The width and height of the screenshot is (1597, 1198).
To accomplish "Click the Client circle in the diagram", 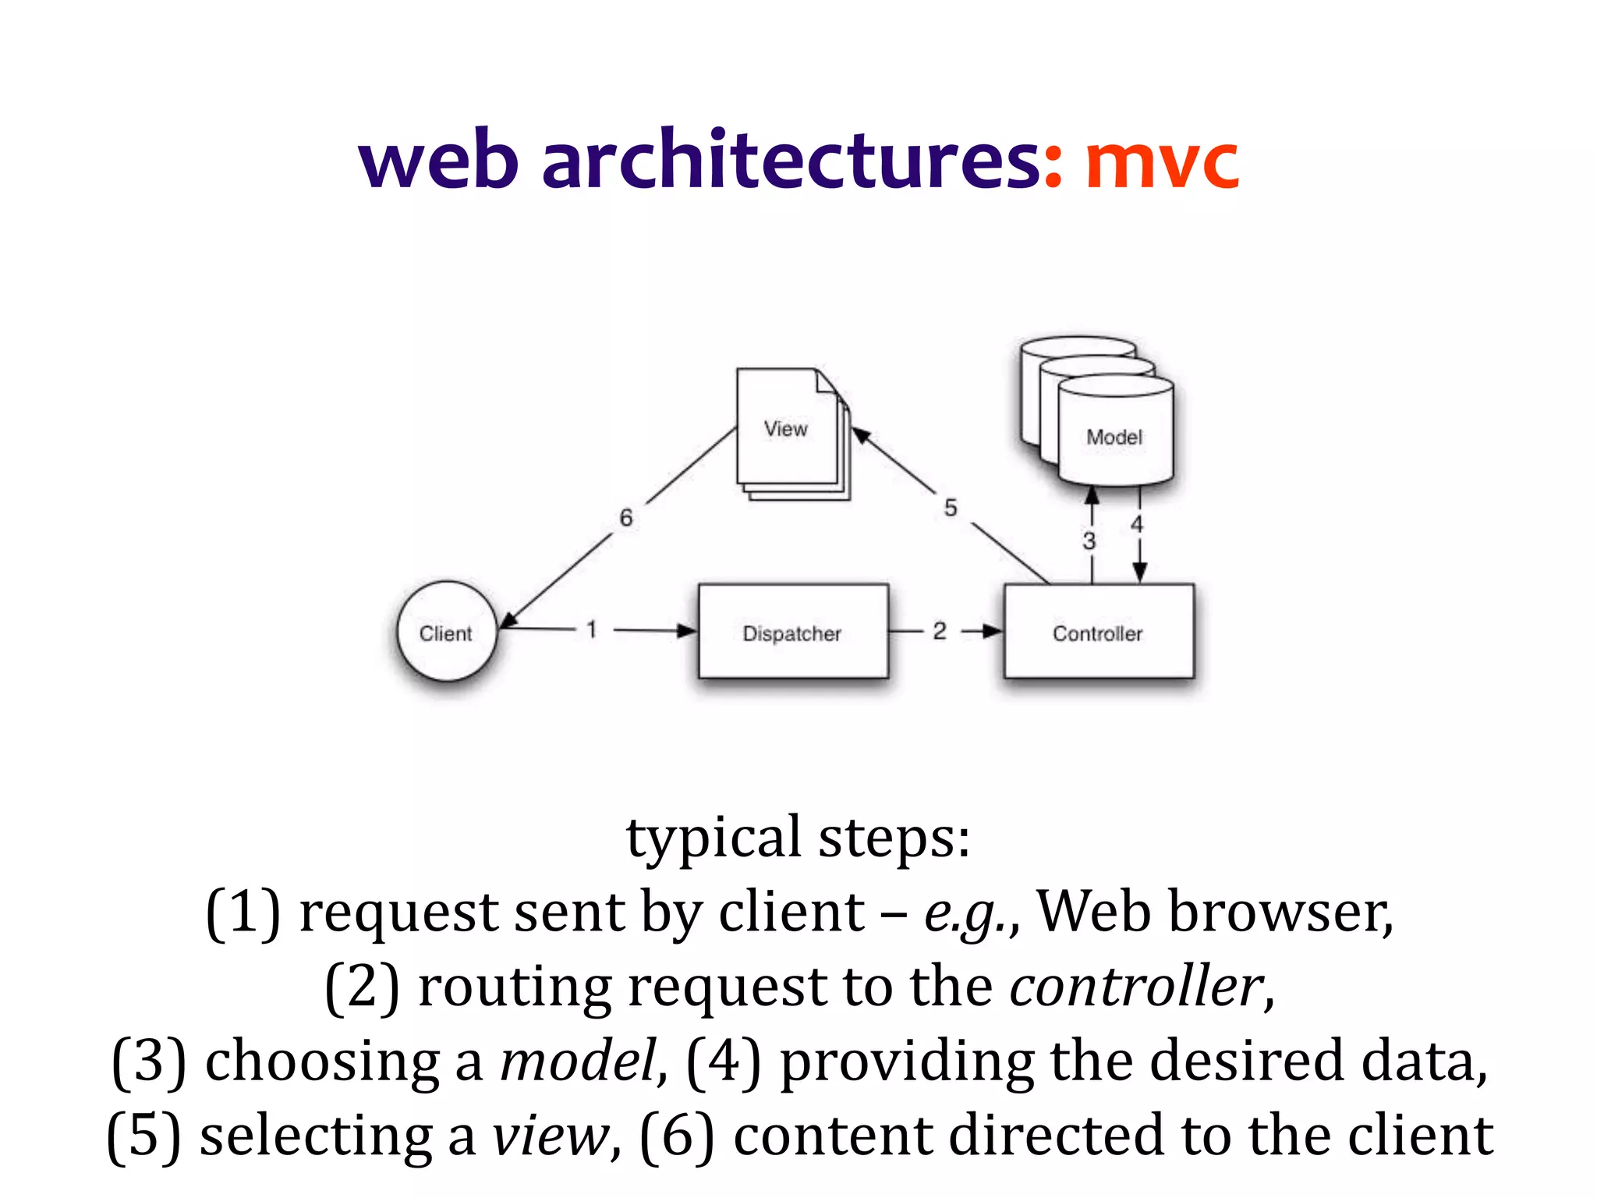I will tap(446, 632).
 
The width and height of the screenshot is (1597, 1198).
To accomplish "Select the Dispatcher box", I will tap(792, 632).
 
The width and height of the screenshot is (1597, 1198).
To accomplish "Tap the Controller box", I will tap(1098, 632).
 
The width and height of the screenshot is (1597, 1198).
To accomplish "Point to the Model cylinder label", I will tap(1114, 437).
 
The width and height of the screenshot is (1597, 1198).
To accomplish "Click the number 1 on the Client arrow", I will tap(592, 629).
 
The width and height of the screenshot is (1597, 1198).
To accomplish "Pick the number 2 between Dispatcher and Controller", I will tap(940, 630).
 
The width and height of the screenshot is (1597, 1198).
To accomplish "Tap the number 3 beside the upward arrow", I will tap(1089, 541).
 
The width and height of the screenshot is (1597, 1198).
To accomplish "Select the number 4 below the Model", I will tap(1137, 524).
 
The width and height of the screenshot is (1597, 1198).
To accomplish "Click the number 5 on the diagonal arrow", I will tap(950, 508).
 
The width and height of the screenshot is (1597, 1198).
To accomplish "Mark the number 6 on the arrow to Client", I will tap(626, 517).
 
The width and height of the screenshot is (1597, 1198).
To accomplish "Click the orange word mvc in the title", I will tap(1162, 161).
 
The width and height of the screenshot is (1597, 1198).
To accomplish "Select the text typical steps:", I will tap(798, 837).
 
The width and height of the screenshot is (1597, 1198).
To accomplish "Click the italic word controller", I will tap(1137, 986).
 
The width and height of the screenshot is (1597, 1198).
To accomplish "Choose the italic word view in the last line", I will tap(551, 1136).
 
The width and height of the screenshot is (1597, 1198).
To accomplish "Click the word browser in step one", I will tap(1279, 912).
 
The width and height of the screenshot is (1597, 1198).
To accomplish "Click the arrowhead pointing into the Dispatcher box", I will tap(686, 630).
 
